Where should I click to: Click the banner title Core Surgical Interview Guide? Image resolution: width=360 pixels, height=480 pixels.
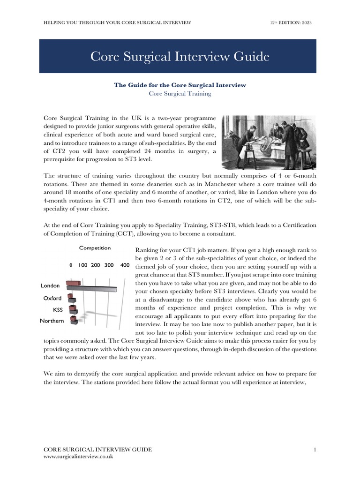[x=180, y=57]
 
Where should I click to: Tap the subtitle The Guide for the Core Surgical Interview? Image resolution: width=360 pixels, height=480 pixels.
[x=180, y=85]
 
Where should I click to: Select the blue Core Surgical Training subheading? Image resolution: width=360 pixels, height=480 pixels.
[x=180, y=93]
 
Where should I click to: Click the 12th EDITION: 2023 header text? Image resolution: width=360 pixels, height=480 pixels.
[x=290, y=22]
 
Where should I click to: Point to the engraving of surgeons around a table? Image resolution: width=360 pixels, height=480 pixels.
[x=269, y=142]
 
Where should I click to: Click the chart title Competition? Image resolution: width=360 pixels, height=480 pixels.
[x=95, y=248]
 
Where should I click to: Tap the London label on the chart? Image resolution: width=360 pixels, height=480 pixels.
[x=50, y=285]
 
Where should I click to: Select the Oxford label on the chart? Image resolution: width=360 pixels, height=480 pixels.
[x=52, y=298]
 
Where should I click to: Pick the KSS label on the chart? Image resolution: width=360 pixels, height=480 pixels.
[x=57, y=310]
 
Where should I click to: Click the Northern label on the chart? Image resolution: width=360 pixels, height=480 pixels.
[x=52, y=321]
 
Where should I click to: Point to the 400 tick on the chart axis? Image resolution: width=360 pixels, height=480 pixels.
[x=125, y=265]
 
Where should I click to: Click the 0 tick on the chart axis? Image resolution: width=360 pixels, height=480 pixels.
[x=71, y=265]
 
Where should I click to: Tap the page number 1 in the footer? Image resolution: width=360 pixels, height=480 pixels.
[x=315, y=450]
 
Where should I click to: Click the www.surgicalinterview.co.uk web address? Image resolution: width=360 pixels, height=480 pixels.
[x=78, y=457]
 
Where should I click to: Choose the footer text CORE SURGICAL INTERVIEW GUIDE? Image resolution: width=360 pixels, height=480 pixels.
[x=97, y=450]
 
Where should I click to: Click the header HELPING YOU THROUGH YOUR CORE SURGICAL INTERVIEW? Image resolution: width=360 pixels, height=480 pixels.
[x=117, y=22]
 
